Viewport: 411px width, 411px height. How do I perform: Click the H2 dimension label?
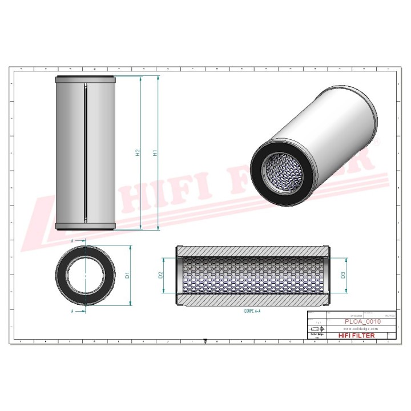coord(137,153)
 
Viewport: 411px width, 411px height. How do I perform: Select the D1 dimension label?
coord(128,275)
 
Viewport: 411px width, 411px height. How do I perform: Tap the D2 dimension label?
coord(161,275)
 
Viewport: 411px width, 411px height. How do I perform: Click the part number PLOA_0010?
coord(362,322)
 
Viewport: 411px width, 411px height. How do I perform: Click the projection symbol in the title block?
coord(315,329)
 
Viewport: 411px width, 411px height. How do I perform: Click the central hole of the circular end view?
coord(85,275)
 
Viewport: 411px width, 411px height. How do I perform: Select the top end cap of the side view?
coord(85,79)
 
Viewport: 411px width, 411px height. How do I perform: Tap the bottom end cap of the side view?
coord(85,227)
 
